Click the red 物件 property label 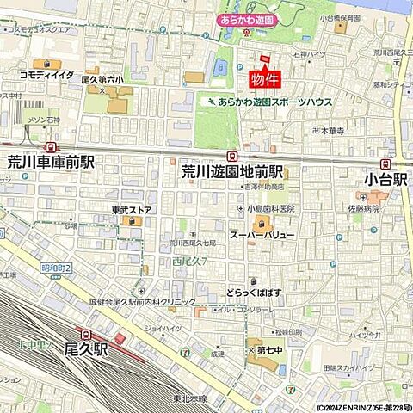(x=263, y=80)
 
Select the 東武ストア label (x=132, y=209)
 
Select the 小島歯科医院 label (x=270, y=208)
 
